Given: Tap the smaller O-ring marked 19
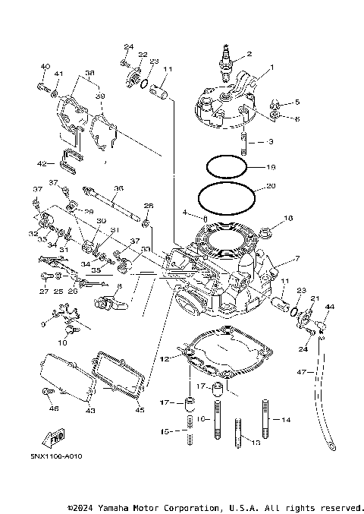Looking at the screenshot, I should tap(225, 166).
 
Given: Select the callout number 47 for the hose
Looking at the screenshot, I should tap(301, 373).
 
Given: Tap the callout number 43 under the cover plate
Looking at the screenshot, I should tap(89, 411).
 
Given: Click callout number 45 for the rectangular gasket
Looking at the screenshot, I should tap(138, 411).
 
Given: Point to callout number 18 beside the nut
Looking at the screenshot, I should tap(287, 219).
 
